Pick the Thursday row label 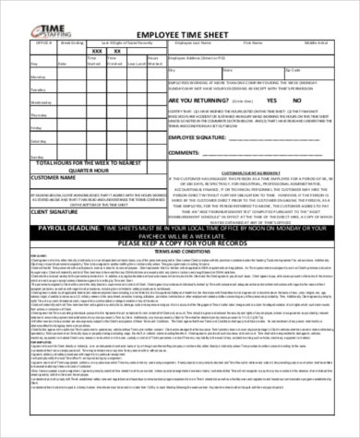click(x=17, y=128)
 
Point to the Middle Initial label click(x=318, y=42)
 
